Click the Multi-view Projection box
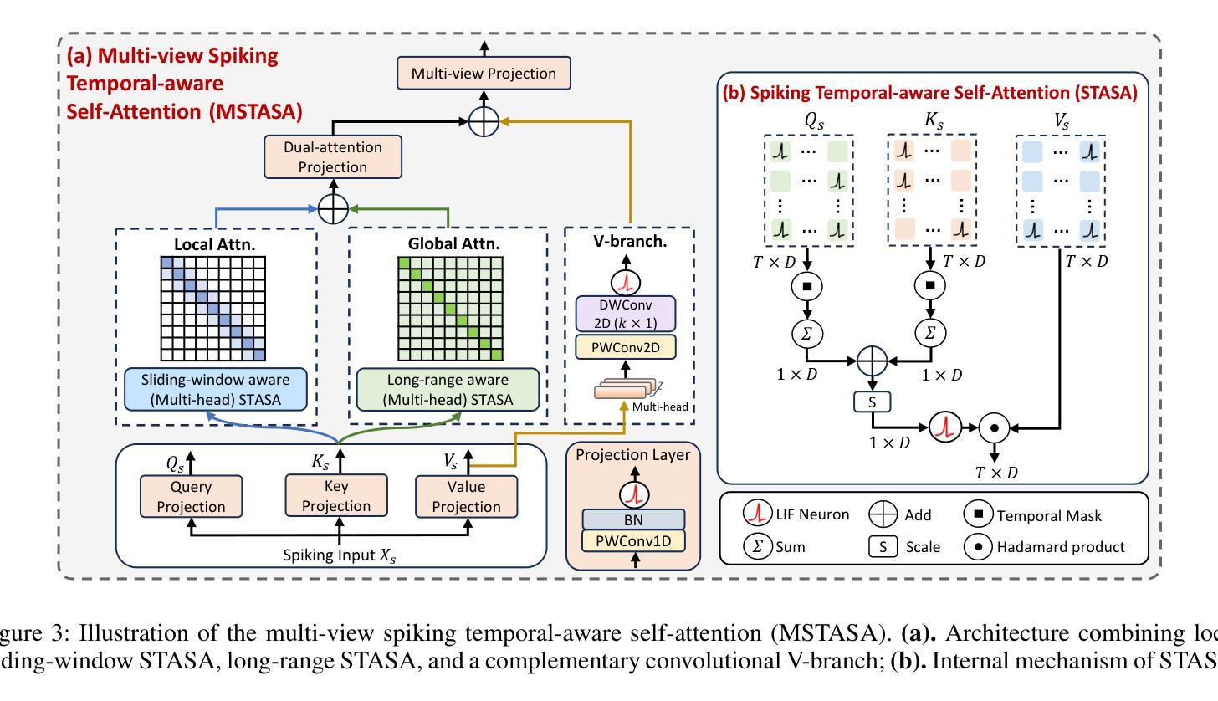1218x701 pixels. (483, 74)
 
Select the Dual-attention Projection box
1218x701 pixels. (333, 156)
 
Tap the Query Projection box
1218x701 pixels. (192, 496)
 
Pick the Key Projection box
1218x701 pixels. (337, 495)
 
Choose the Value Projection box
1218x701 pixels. (467, 496)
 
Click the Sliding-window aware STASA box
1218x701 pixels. (216, 390)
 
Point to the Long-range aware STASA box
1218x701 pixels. (448, 390)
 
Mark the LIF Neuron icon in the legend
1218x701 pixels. (757, 514)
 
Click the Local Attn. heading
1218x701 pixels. (216, 245)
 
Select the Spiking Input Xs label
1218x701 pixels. (339, 555)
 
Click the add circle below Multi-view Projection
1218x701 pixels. (484, 121)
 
